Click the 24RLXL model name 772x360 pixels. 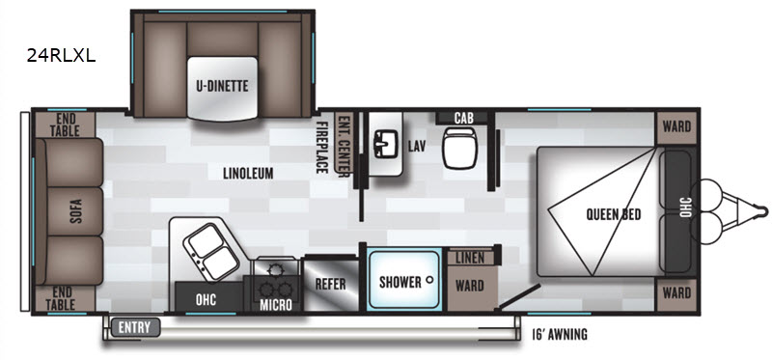point(61,56)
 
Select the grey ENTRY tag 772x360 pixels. point(135,327)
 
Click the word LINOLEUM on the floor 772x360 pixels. point(248,173)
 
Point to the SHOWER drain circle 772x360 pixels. point(429,279)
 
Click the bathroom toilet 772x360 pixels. point(459,148)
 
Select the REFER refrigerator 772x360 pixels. point(331,284)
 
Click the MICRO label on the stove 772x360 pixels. point(276,305)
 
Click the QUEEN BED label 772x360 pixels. point(614,214)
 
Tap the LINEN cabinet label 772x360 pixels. point(470,258)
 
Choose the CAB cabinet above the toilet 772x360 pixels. point(464,118)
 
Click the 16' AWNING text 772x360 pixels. point(560,335)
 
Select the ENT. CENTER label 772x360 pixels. point(344,144)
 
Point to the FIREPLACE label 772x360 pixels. point(322,148)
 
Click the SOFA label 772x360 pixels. point(76,211)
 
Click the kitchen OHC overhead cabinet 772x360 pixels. point(206,299)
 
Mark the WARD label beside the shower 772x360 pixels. point(470,286)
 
